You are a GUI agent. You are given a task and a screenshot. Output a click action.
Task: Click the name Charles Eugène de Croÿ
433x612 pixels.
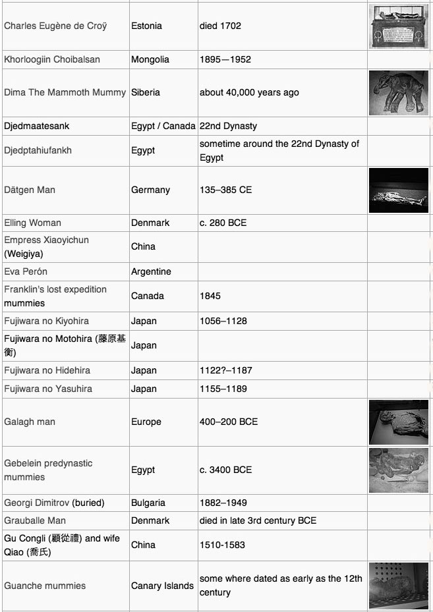tap(55, 26)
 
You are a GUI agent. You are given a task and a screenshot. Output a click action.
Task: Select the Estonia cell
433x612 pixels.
tap(146, 26)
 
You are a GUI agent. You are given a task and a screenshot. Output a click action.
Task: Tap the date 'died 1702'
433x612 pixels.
tap(220, 26)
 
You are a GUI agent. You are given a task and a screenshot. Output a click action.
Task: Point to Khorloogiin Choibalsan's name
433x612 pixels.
tap(52, 59)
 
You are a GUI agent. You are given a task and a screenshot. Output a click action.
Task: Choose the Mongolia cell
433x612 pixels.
tap(150, 59)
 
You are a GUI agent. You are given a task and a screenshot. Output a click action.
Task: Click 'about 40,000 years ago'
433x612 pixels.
tap(249, 92)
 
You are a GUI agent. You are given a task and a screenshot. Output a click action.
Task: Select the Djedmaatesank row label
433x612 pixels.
tap(36, 126)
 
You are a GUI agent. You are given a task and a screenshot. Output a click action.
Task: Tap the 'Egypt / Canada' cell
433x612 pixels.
tap(163, 126)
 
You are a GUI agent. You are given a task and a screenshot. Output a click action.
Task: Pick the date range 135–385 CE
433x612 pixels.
tap(225, 190)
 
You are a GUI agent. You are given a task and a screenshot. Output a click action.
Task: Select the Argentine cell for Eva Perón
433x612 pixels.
tap(151, 271)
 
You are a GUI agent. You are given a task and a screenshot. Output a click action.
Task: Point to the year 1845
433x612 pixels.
tap(210, 296)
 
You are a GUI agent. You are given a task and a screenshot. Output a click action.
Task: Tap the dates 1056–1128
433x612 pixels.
tap(223, 321)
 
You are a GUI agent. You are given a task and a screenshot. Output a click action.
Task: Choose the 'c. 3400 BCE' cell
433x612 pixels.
tap(225, 470)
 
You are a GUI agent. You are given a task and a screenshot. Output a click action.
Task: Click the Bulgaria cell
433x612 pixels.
tap(148, 503)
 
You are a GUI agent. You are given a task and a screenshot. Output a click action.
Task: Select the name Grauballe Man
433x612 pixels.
tap(35, 520)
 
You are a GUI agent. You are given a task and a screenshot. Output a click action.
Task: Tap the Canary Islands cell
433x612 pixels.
tap(162, 586)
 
